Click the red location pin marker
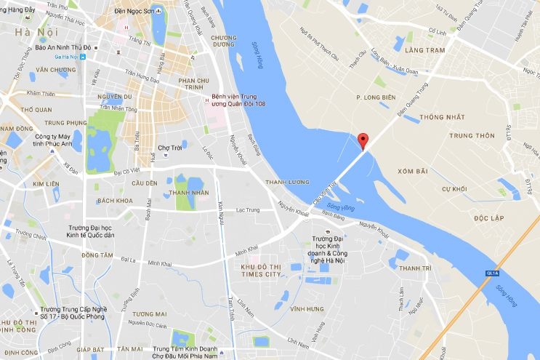[364, 140]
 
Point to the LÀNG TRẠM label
[424, 50]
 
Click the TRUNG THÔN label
[471, 136]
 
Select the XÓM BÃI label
[412, 170]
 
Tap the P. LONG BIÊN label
[374, 97]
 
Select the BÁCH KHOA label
[114, 200]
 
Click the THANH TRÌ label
[415, 269]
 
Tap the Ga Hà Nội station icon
[84, 56]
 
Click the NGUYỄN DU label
[112, 96]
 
